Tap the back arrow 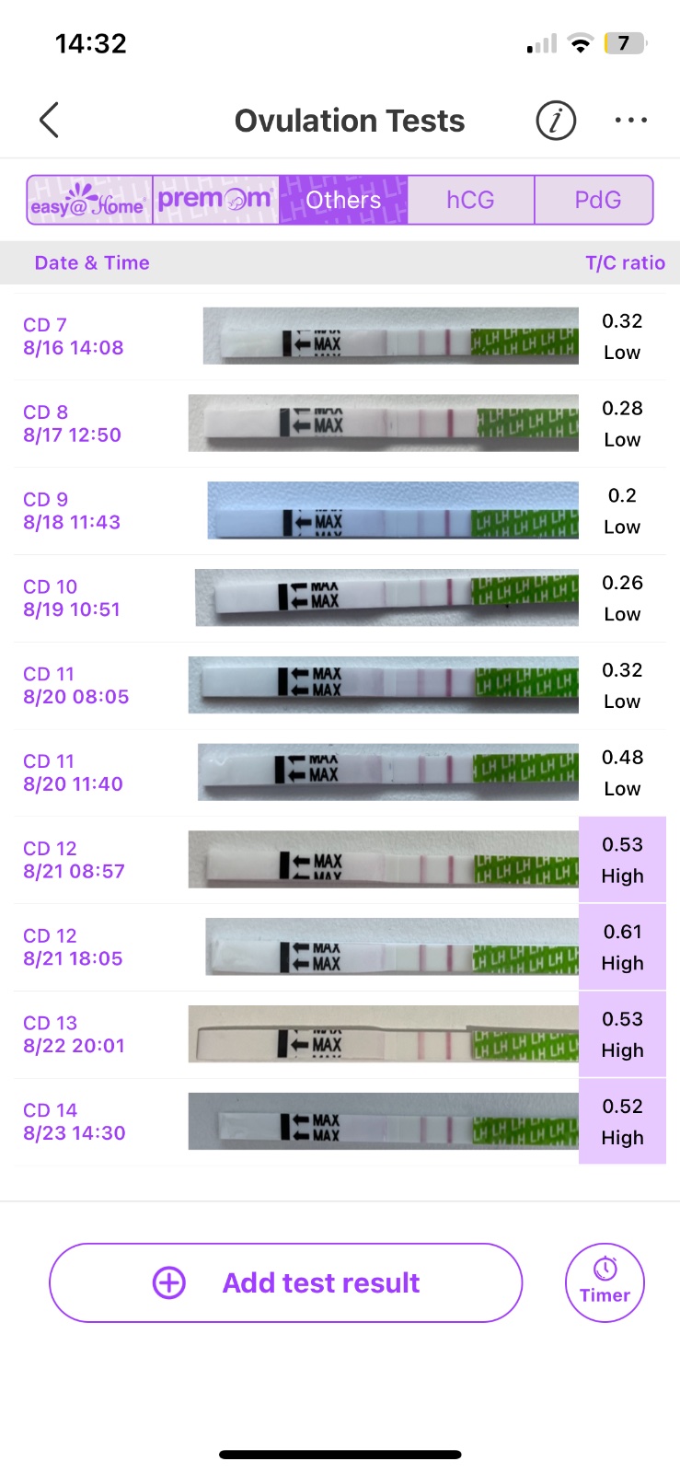pos(50,120)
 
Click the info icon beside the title pos(556,120)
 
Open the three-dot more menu pos(630,120)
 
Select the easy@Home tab pos(89,200)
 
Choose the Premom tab pos(215,200)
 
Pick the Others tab pos(343,200)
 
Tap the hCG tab pos(470,200)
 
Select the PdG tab pos(597,200)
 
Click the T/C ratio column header pos(625,263)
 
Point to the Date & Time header pos(92,263)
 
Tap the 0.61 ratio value pos(622,932)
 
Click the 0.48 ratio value pos(622,758)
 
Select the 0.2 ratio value pos(622,495)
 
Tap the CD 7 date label pos(45,325)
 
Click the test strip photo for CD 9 pos(393,510)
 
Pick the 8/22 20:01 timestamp pos(74,1046)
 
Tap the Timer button pos(605,1282)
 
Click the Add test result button pos(285,1282)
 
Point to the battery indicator pos(625,43)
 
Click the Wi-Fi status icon pos(580,43)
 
